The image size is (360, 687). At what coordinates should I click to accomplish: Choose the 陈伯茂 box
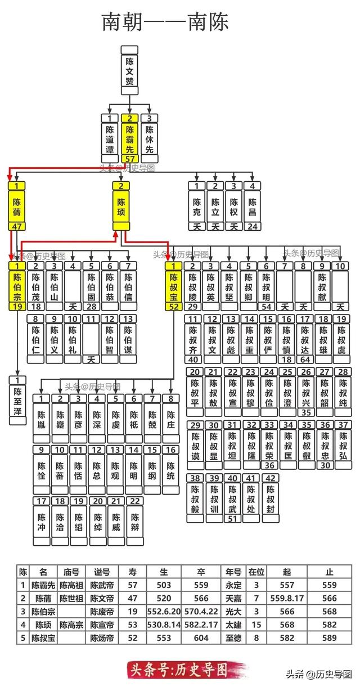[x=36, y=285]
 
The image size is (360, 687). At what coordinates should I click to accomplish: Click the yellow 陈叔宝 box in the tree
[x=174, y=285]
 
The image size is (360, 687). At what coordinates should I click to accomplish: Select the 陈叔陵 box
[x=193, y=285]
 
